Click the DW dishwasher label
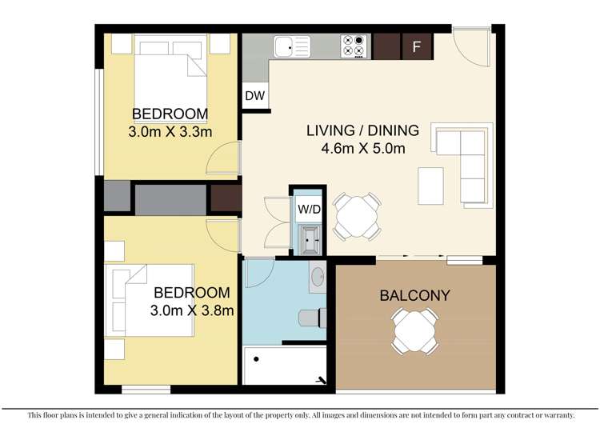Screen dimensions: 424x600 pyautogui.click(x=255, y=96)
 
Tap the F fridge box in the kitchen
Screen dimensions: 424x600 pyautogui.click(x=416, y=46)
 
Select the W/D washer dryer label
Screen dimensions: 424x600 pyautogui.click(x=308, y=209)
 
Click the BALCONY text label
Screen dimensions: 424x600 pyautogui.click(x=414, y=295)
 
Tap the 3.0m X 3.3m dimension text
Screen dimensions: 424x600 pyautogui.click(x=170, y=131)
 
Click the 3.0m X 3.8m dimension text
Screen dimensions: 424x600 pyautogui.click(x=192, y=310)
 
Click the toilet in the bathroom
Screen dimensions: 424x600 pyautogui.click(x=313, y=318)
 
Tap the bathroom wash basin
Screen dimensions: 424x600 pyautogui.click(x=317, y=278)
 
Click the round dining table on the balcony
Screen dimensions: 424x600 pyautogui.click(x=414, y=329)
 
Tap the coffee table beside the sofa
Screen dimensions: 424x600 pyautogui.click(x=430, y=186)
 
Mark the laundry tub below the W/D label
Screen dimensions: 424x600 pyautogui.click(x=309, y=237)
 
